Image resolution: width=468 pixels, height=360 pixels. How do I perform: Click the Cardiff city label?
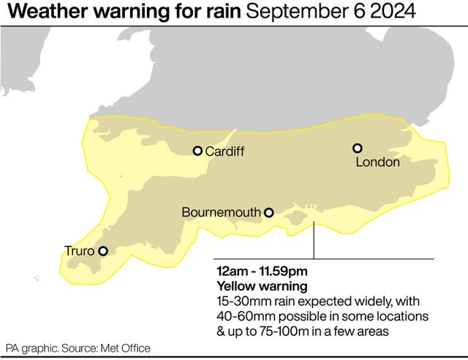[x=224, y=151]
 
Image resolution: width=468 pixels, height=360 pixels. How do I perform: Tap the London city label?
[x=377, y=162]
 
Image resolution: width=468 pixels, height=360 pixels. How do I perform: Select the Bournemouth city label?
[x=221, y=213]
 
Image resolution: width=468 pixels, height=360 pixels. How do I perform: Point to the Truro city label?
[x=80, y=251]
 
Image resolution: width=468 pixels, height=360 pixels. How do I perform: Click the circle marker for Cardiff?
[x=197, y=151]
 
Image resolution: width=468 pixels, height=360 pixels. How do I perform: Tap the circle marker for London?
[x=358, y=148]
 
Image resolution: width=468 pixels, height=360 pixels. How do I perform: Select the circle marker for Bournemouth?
[x=268, y=213]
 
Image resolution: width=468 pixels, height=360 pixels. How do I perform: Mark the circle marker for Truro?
[x=103, y=251]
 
